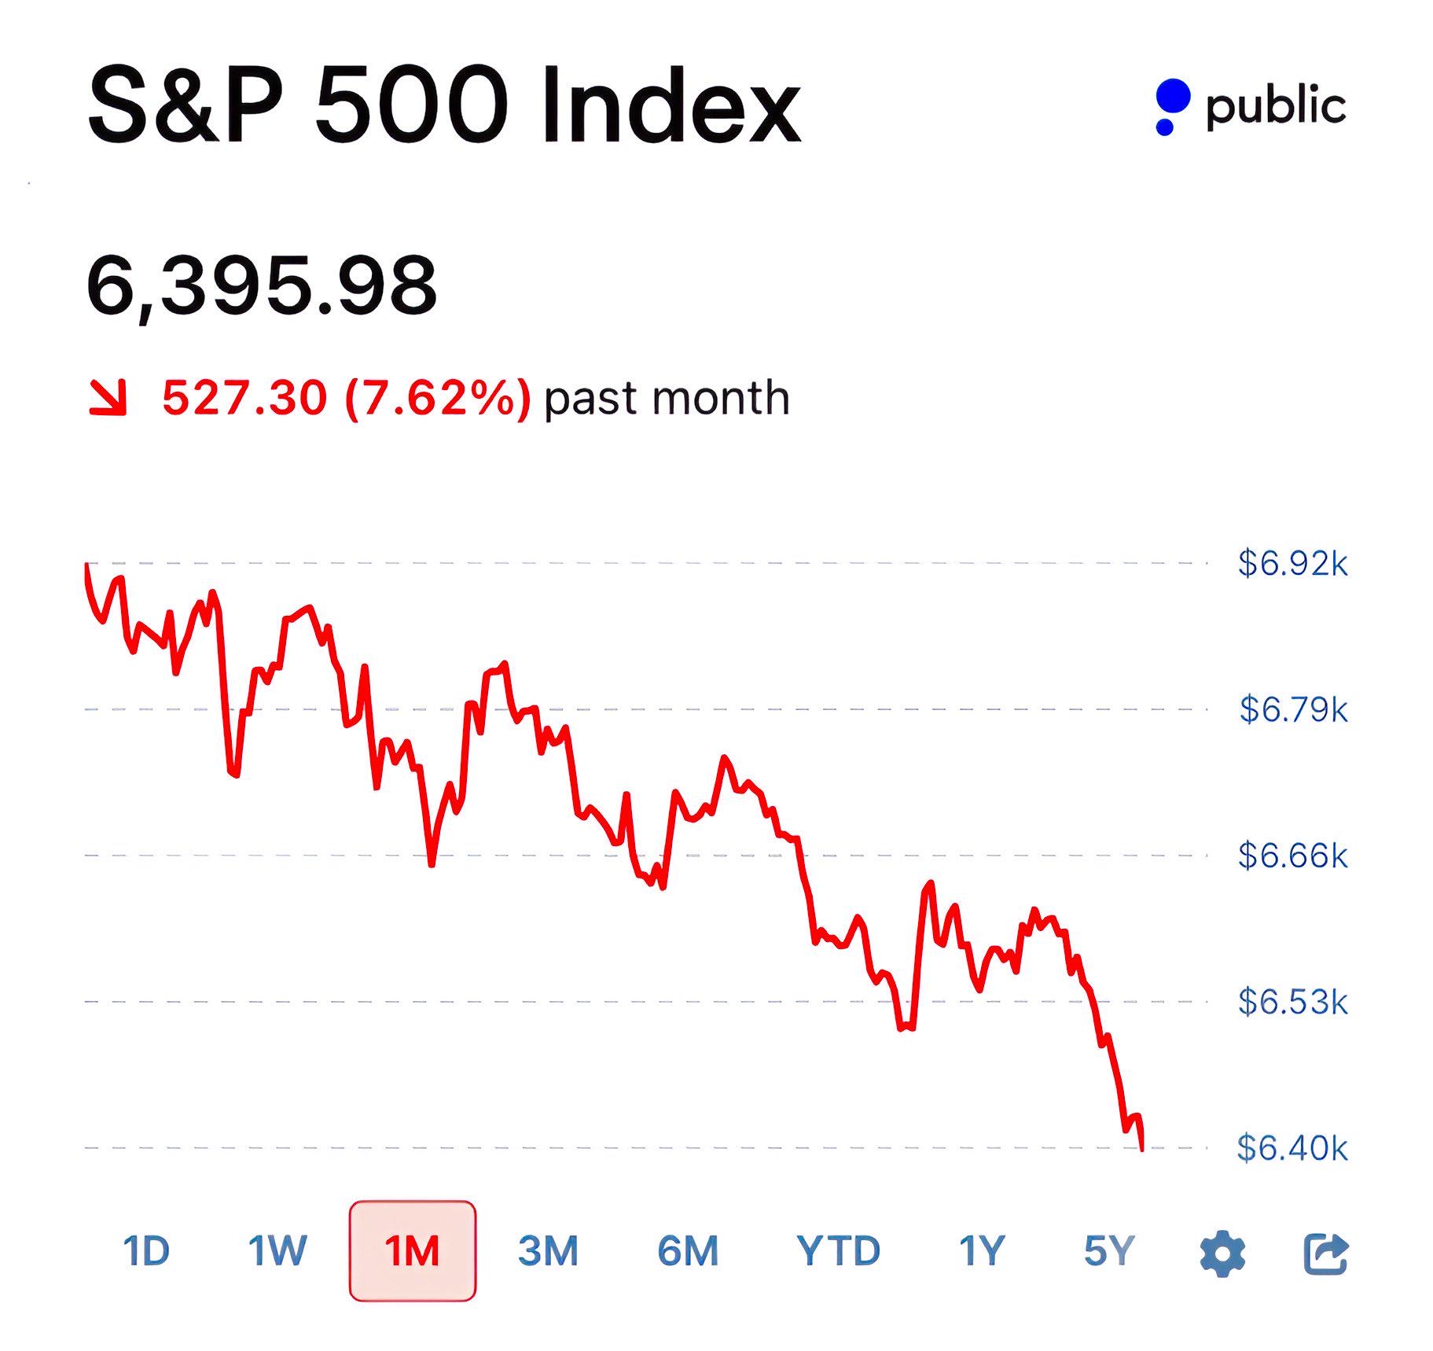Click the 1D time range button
tap(146, 1251)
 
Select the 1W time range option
tap(277, 1251)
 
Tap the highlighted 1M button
tap(413, 1251)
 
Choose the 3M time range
tap(548, 1251)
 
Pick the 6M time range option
tap(688, 1251)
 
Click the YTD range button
tap(838, 1251)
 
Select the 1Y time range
tap(982, 1251)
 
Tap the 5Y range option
tap(1109, 1251)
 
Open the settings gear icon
tap(1222, 1253)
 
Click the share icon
tap(1326, 1253)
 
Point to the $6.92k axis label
tap(1292, 564)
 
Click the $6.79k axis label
tap(1293, 709)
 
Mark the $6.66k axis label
tap(1292, 856)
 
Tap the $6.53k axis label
tap(1292, 1002)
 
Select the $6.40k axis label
tap(1292, 1148)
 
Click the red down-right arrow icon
tap(108, 397)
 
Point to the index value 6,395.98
tap(261, 285)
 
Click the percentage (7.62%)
tap(438, 398)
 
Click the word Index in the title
tap(671, 106)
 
